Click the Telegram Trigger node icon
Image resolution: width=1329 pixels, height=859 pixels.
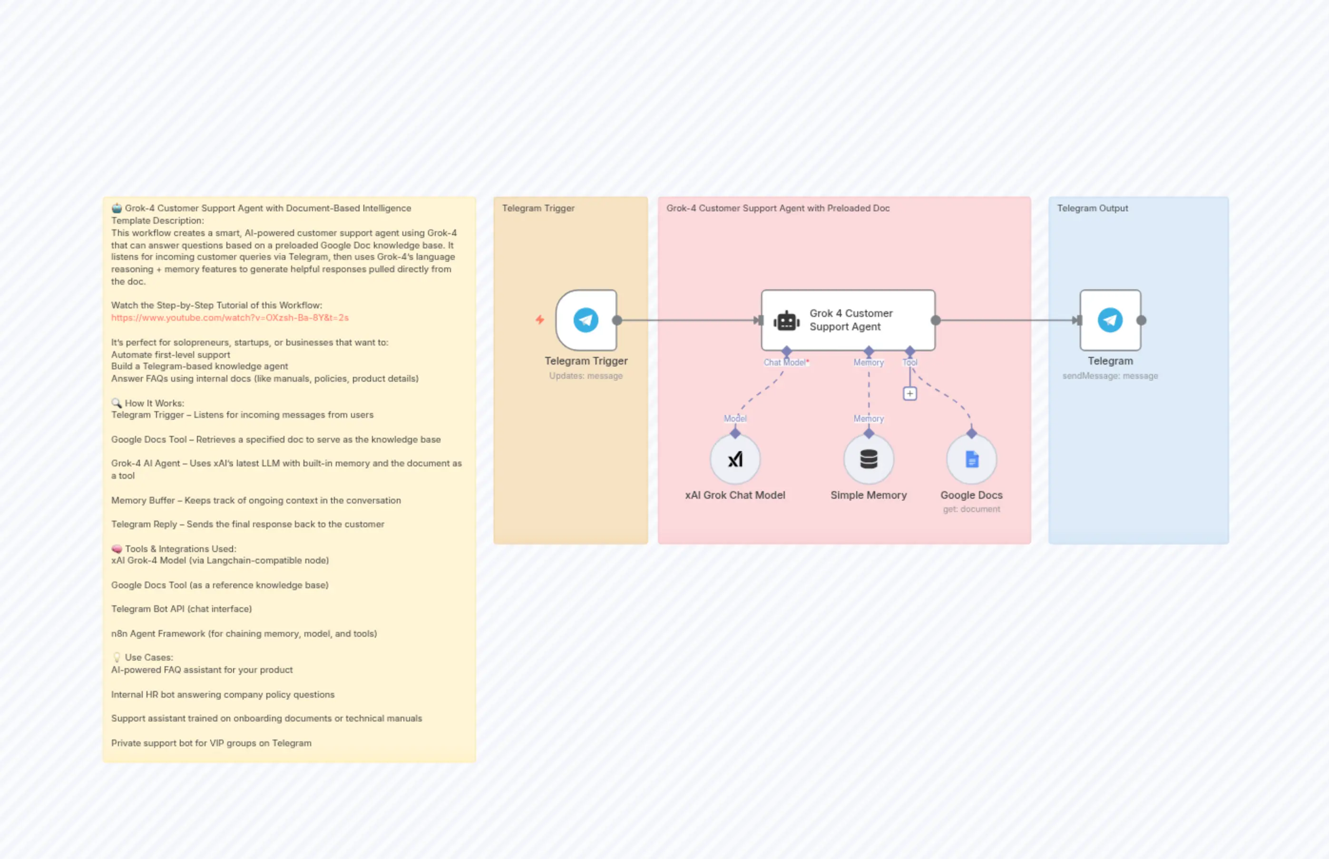(x=586, y=320)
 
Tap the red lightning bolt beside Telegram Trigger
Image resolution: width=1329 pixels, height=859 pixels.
(x=539, y=320)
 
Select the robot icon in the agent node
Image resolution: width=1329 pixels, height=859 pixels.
(x=786, y=321)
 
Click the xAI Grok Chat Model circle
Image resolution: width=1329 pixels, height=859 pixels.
(x=735, y=459)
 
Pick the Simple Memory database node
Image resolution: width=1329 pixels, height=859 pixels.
(x=868, y=459)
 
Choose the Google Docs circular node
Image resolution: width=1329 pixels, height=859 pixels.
(x=971, y=459)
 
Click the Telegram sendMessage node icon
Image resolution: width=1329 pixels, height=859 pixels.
(x=1109, y=320)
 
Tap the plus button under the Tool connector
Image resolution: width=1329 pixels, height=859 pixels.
(x=909, y=394)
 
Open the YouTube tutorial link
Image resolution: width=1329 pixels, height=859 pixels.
(x=230, y=318)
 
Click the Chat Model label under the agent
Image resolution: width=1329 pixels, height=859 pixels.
(x=785, y=363)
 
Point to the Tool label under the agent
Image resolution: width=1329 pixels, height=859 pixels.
(x=909, y=363)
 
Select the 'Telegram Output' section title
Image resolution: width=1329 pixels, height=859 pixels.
(x=1092, y=208)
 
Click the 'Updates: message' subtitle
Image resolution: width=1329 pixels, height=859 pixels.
(x=586, y=376)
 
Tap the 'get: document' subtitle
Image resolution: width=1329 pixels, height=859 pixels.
(x=971, y=509)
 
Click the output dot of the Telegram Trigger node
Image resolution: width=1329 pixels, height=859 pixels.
(x=616, y=320)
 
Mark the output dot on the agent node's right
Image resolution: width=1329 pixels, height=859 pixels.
(x=936, y=320)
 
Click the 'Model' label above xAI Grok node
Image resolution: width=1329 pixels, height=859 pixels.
(x=735, y=418)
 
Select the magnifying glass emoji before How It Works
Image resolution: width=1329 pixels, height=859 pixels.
(x=116, y=403)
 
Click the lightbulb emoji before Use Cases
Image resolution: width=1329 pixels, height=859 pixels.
(x=117, y=657)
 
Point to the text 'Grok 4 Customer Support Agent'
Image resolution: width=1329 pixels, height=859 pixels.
(x=850, y=320)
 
